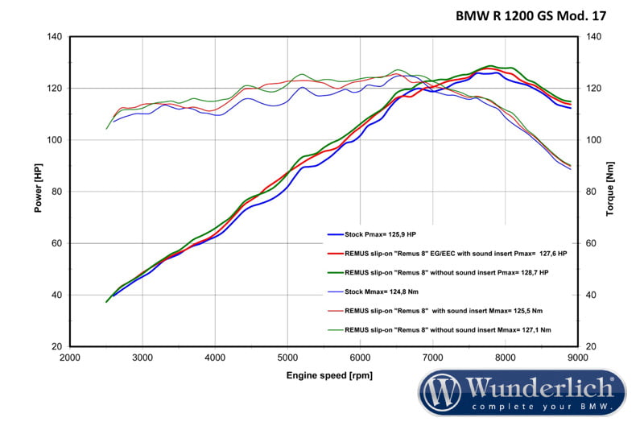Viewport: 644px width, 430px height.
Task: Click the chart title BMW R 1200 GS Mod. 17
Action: (x=530, y=15)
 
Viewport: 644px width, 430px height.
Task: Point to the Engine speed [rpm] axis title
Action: (x=329, y=375)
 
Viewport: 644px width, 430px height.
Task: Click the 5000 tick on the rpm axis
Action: (x=287, y=358)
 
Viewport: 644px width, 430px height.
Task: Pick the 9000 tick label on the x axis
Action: (x=577, y=358)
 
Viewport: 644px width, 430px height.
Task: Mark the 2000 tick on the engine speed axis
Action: (x=70, y=358)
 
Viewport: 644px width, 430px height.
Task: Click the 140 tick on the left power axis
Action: (x=55, y=37)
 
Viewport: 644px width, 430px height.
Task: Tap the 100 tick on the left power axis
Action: (x=55, y=140)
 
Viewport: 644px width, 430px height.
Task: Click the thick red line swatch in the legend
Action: (x=335, y=254)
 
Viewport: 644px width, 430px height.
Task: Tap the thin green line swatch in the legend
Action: (x=335, y=330)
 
